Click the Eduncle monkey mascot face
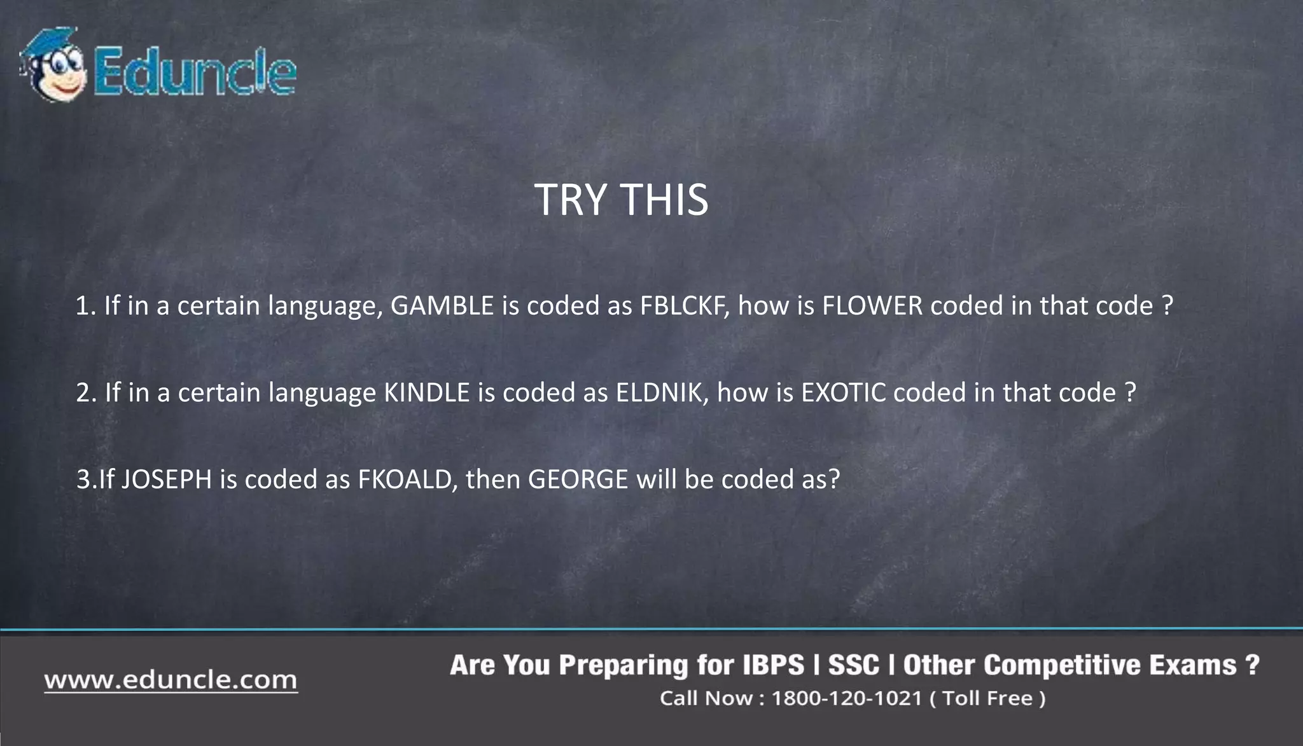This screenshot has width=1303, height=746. [x=53, y=67]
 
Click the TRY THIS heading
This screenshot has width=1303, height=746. [x=621, y=200]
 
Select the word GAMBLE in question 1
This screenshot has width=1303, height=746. [x=442, y=306]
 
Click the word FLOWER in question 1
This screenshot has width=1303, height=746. [x=872, y=306]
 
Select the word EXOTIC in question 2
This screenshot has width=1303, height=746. [x=844, y=392]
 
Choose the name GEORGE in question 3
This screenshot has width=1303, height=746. [x=578, y=479]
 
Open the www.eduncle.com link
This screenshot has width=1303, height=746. [x=171, y=680]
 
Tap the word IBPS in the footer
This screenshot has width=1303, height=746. [x=773, y=665]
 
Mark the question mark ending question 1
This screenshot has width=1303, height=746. [x=1167, y=306]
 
